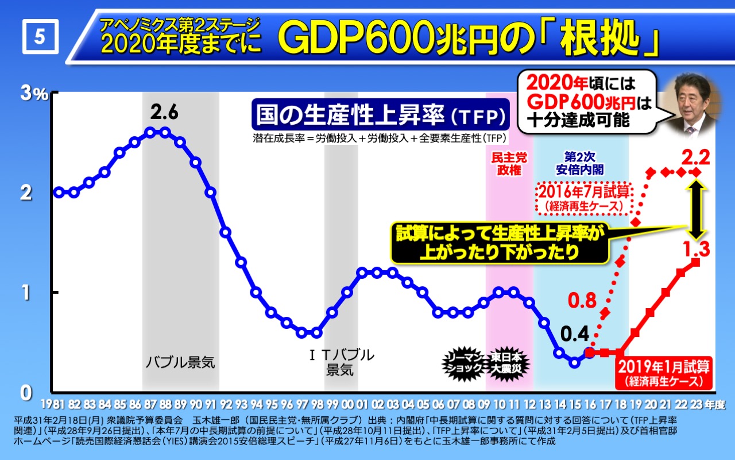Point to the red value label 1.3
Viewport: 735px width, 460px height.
pos(696,250)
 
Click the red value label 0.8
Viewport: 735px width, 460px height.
pos(582,299)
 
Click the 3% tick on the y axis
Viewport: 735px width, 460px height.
pos(34,94)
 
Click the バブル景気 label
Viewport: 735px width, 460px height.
pos(180,362)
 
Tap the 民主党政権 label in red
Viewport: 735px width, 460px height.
pos(509,163)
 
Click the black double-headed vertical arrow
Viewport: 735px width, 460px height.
pos(696,209)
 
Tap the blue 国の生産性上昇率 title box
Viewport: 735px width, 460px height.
pos(379,115)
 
